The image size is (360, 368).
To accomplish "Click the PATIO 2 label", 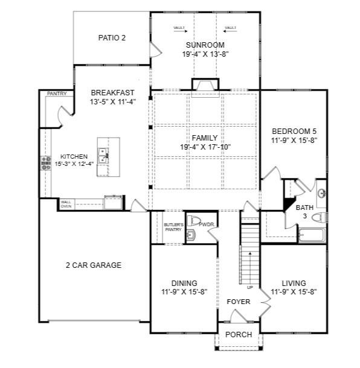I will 112,38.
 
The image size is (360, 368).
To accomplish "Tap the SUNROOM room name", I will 205,45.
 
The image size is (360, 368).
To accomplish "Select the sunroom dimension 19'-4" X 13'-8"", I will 205,54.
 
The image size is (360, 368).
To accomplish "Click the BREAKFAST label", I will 113,93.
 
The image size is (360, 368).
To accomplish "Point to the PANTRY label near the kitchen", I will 56,94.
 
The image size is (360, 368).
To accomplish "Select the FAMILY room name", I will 205,138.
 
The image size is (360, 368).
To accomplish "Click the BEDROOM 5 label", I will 294,132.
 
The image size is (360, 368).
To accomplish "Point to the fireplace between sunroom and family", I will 205,86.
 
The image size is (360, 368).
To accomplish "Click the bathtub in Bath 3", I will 312,235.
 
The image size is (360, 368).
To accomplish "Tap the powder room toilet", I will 194,220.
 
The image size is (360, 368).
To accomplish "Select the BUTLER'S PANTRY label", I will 173,227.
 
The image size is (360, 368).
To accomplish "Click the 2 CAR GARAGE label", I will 94,265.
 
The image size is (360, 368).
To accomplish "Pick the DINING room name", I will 184,283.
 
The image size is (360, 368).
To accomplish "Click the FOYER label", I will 238,301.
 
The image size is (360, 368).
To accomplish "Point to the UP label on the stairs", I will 249,287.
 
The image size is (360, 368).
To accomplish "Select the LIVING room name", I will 294,283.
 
